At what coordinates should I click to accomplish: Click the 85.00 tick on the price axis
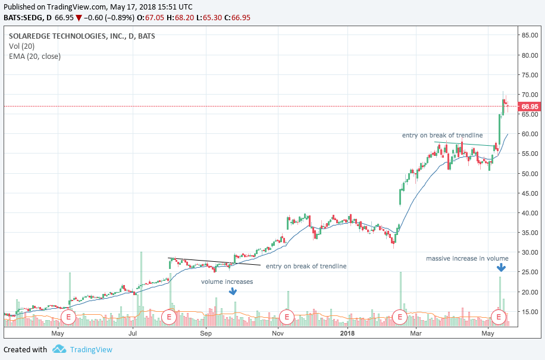530,35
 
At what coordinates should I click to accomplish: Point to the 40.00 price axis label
530,213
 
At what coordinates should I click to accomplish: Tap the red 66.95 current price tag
530,107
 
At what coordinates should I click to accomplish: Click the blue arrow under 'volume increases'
233,292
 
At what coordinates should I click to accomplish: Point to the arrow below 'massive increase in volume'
500,269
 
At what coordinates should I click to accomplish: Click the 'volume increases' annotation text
227,281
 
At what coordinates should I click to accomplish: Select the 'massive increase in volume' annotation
467,258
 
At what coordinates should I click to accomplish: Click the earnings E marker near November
287,316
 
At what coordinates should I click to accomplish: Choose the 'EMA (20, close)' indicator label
35,57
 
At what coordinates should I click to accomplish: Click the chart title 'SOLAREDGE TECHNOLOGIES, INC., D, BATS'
82,36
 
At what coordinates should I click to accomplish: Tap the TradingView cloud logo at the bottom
58,349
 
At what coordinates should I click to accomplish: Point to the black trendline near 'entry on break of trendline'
214,261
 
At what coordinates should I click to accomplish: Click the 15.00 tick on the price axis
530,312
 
